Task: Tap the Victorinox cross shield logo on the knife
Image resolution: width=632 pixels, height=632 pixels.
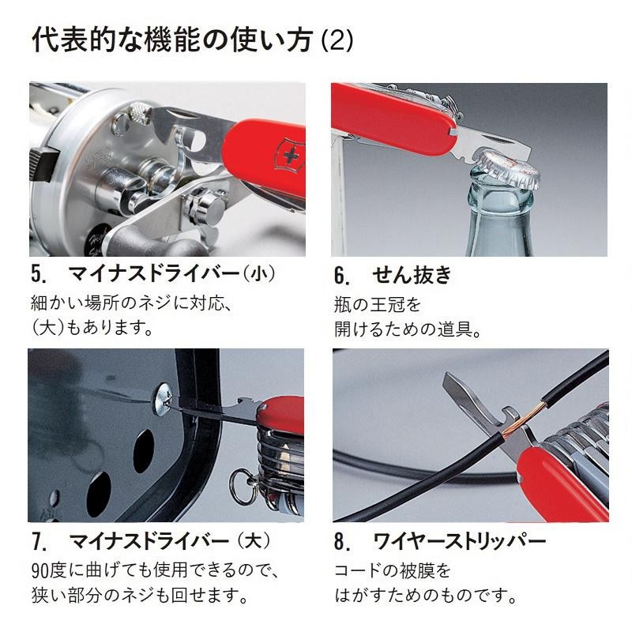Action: click(x=290, y=156)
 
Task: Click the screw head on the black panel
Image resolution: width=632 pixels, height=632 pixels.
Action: click(x=163, y=399)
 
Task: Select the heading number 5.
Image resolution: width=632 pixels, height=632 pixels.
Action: click(x=38, y=274)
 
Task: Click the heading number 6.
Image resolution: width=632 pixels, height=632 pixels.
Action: click(x=341, y=276)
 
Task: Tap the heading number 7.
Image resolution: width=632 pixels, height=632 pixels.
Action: click(x=38, y=541)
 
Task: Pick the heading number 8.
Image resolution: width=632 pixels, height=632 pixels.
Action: click(x=341, y=541)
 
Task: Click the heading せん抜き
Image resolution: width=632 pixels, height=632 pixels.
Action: click(x=412, y=275)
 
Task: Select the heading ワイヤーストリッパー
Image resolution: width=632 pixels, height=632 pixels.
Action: click(x=460, y=541)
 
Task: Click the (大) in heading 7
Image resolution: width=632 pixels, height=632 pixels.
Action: click(x=254, y=540)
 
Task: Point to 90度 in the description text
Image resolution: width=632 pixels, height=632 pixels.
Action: click(x=49, y=570)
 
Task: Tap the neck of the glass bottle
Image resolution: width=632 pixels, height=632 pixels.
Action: click(x=501, y=201)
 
